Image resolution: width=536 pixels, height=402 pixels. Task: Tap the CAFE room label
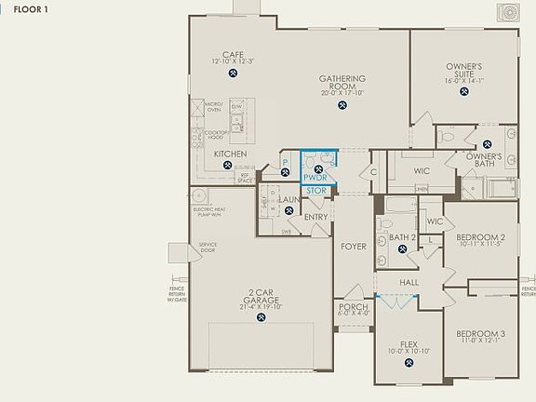tap(233, 54)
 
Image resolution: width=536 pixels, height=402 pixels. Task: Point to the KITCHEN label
tap(229, 153)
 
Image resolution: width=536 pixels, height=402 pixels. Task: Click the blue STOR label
tap(315, 190)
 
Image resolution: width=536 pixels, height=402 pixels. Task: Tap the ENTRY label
tap(316, 218)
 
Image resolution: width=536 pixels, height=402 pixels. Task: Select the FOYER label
tap(353, 247)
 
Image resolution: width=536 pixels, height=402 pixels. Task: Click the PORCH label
tap(354, 306)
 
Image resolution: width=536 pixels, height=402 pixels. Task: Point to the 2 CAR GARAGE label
tap(261, 299)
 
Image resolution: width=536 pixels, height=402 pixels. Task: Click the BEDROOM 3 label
tap(480, 334)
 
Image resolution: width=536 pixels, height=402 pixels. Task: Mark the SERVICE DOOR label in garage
tap(207, 248)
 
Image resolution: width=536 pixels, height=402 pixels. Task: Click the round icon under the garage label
tap(261, 318)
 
